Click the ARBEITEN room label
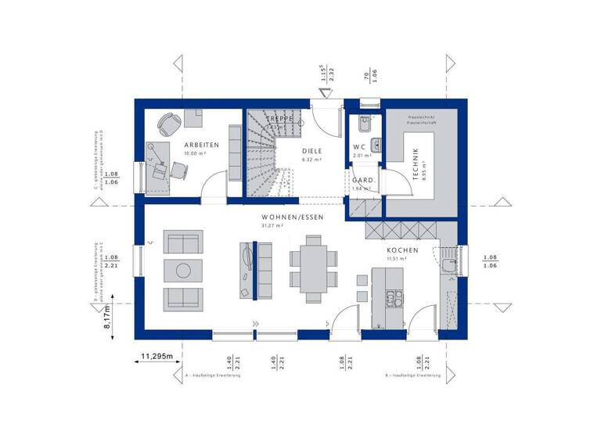pyautogui.click(x=202, y=145)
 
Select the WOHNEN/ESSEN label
pyautogui.click(x=293, y=217)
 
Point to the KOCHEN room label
pyautogui.click(x=402, y=250)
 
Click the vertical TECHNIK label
pyautogui.click(x=416, y=165)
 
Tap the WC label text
pyautogui.click(x=360, y=146)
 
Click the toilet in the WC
pyautogui.click(x=362, y=124)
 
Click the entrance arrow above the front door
pyautogui.click(x=322, y=92)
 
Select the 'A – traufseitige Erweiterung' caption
pyautogui.click(x=213, y=376)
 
